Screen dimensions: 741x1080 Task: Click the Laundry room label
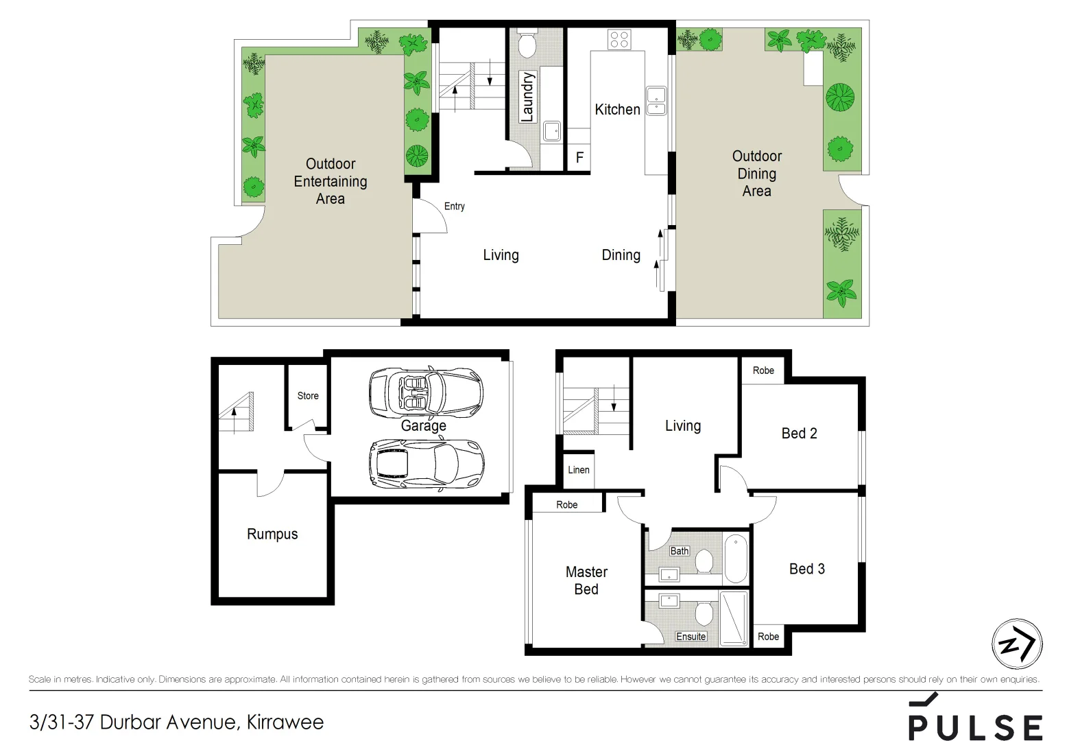[x=527, y=97]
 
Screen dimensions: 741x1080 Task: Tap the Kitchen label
[x=617, y=109]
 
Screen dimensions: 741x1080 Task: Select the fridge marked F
[x=579, y=158]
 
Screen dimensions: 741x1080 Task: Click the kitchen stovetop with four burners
[x=619, y=39]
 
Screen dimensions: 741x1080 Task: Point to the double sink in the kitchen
[x=656, y=101]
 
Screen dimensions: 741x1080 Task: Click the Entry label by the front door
[x=454, y=206]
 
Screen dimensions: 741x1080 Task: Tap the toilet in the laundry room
[x=527, y=45]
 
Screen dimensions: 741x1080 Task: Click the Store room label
[x=308, y=396]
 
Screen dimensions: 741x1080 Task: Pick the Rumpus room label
[x=272, y=534]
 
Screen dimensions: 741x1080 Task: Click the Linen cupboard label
[x=578, y=470]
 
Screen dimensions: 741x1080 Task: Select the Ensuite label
[x=691, y=637]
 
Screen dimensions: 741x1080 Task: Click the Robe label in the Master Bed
[x=566, y=505]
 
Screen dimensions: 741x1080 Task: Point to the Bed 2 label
[x=799, y=433]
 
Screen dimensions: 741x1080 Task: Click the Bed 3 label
[x=806, y=569]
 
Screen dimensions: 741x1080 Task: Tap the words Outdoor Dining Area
[x=756, y=174]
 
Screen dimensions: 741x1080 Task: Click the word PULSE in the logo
[x=975, y=727]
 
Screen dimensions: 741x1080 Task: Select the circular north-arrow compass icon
[x=1017, y=644]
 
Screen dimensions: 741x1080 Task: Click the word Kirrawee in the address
[x=285, y=722]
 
